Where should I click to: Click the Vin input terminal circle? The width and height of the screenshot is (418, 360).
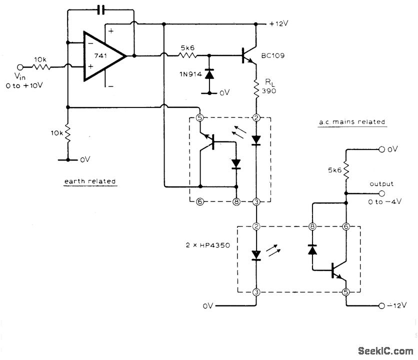pyautogui.click(x=20, y=66)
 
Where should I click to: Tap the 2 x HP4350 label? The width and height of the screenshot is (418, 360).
pyautogui.click(x=205, y=246)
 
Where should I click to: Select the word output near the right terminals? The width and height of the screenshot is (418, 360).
pyautogui.click(x=381, y=184)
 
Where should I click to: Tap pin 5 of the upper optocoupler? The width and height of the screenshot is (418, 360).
pyautogui.click(x=199, y=118)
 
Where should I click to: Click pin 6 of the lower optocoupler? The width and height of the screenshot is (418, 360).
pyautogui.click(x=345, y=226)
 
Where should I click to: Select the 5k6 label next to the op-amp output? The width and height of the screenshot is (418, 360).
pyautogui.click(x=188, y=48)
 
